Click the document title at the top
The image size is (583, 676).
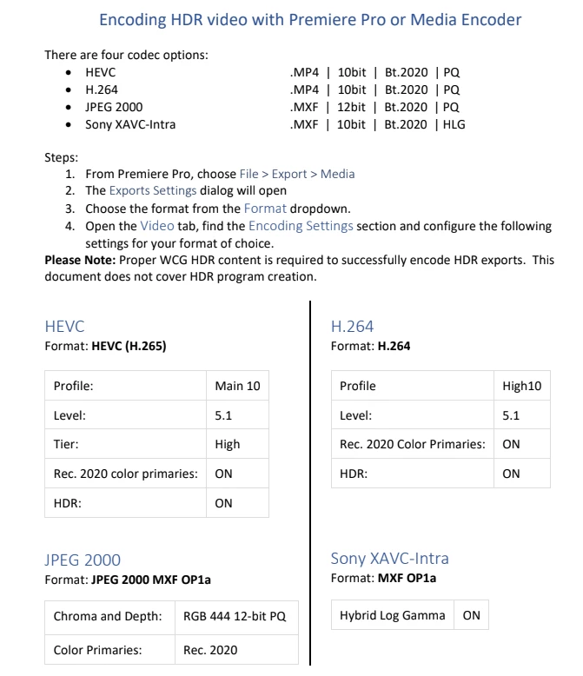pyautogui.click(x=310, y=19)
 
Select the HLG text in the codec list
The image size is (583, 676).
pyautogui.click(x=454, y=124)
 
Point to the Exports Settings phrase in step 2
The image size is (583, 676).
pyautogui.click(x=152, y=190)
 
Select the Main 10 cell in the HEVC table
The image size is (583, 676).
pyautogui.click(x=236, y=385)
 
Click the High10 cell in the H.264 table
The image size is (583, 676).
pyautogui.click(x=521, y=386)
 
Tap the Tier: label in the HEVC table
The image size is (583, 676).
pyautogui.click(x=66, y=444)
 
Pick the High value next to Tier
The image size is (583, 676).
pyautogui.click(x=228, y=444)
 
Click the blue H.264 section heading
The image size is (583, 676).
pyautogui.click(x=352, y=327)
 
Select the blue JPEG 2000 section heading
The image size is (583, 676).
pyautogui.click(x=83, y=560)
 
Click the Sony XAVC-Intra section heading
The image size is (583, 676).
pyautogui.click(x=390, y=558)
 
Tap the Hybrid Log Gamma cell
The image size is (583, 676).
pyautogui.click(x=393, y=615)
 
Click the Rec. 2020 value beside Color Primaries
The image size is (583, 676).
pyautogui.click(x=209, y=649)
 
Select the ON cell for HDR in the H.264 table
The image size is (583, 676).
pyautogui.click(x=511, y=474)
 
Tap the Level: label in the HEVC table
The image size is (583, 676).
pyautogui.click(x=70, y=415)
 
